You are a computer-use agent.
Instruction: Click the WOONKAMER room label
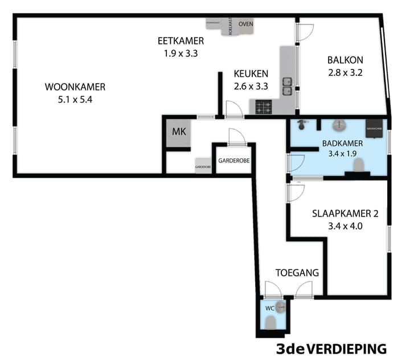pos(75,87)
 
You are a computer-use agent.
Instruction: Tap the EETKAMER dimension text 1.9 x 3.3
pos(181,54)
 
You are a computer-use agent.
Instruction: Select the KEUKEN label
pos(251,73)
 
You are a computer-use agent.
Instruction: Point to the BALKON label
pos(345,60)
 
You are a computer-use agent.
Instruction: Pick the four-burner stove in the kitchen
pos(263,107)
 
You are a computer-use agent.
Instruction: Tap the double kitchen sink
pos(288,86)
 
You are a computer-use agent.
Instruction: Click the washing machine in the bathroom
pos(374,127)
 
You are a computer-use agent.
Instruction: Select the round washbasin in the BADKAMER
pos(339,125)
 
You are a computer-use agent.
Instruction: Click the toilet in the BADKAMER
pos(359,166)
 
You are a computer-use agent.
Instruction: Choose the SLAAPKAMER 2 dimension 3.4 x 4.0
pos(345,226)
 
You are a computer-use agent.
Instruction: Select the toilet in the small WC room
pos(270,323)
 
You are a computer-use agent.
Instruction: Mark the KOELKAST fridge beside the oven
pos(231,26)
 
